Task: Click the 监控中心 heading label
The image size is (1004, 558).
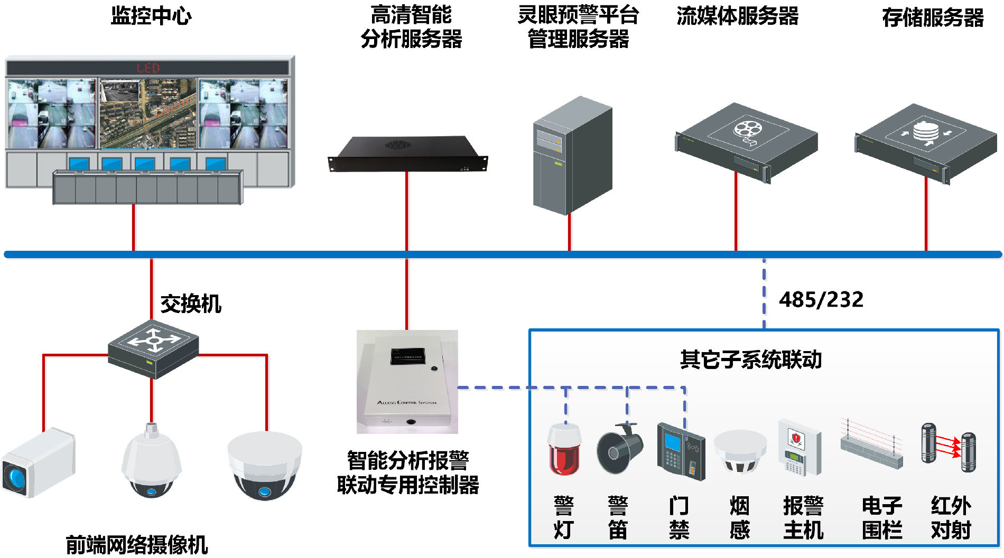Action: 151,16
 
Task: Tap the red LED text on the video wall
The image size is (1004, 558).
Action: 147,68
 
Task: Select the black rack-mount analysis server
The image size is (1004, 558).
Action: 407,154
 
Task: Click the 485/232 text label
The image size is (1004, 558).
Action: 821,300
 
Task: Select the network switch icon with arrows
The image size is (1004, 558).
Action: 153,348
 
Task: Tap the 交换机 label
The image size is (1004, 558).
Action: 190,304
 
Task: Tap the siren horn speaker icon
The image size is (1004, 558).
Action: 619,449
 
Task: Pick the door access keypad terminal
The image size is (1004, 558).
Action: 681,451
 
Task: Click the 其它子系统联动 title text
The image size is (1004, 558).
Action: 750,360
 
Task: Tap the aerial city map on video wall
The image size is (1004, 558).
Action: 148,114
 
